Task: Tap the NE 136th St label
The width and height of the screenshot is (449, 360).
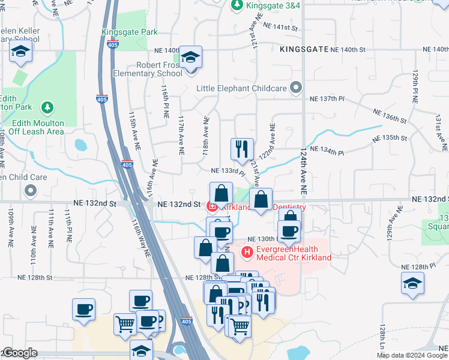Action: coord(393,116)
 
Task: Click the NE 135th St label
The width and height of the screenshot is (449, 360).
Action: coord(394,138)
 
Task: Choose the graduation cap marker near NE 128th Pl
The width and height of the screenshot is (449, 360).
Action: coord(412,283)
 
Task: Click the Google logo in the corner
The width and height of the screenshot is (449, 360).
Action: coord(19,353)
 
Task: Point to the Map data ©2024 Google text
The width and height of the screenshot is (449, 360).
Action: coord(411,355)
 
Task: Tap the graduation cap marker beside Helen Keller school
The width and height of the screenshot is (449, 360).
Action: coord(21,53)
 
